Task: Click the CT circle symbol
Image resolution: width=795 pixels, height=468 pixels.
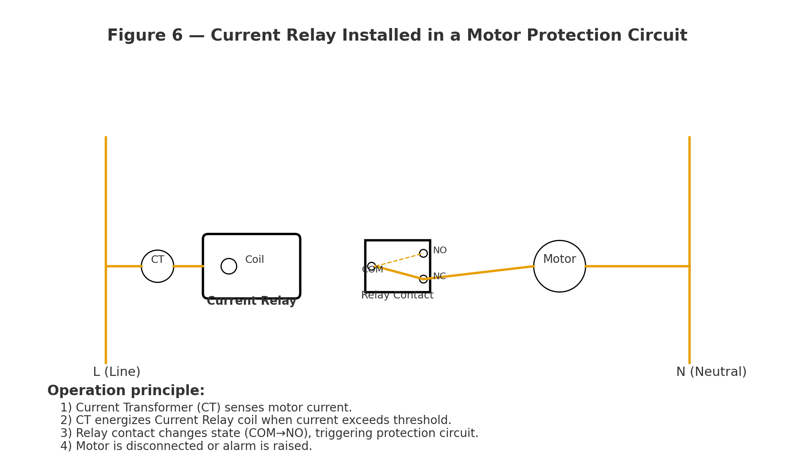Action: point(157,266)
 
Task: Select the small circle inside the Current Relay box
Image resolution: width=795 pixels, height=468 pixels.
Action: point(229,266)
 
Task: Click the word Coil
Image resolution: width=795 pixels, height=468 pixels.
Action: point(254,260)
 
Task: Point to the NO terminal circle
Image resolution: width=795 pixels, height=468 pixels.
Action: point(423,253)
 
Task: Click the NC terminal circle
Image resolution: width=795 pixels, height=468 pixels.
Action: point(423,279)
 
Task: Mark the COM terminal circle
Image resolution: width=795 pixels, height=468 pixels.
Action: point(372,266)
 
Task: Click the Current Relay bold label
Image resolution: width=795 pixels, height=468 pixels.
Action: point(251,301)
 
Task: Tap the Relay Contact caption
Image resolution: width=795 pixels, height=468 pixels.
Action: point(397,296)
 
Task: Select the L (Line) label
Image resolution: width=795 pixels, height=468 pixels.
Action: point(117,372)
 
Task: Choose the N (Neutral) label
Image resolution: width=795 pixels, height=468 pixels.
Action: point(711,372)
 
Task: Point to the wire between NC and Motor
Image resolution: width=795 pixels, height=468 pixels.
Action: point(481,273)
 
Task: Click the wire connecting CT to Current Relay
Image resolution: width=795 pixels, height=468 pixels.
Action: point(188,266)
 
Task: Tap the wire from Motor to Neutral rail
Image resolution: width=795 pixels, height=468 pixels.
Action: point(636,266)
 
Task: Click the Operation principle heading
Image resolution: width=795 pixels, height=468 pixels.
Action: point(126,391)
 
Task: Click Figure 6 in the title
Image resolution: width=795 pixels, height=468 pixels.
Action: point(145,36)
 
